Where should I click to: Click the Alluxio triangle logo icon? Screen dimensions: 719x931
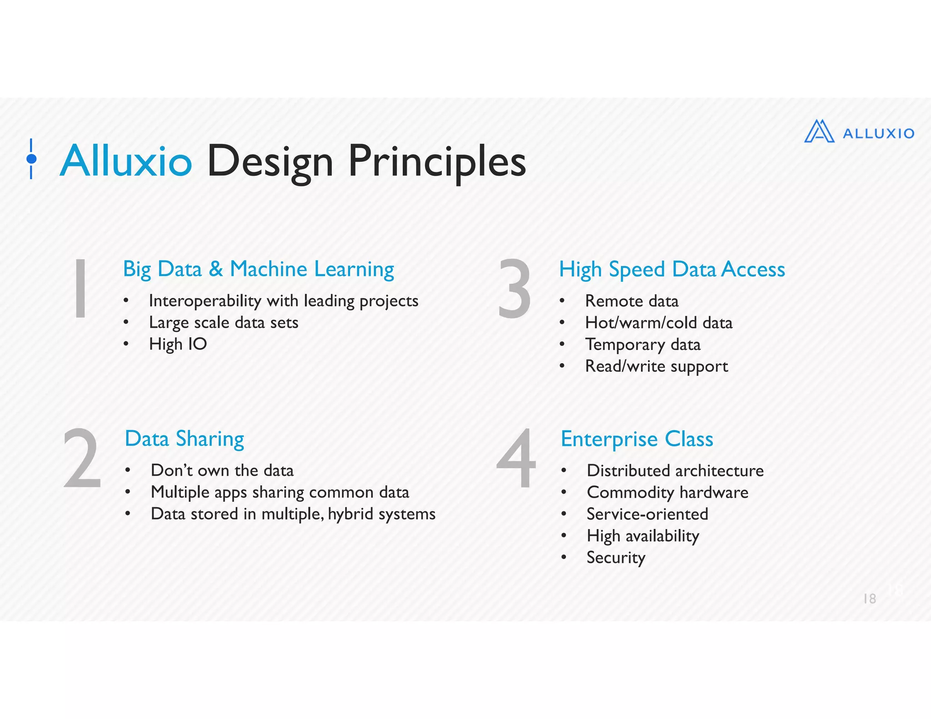coord(819,132)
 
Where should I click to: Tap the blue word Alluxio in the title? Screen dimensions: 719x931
coord(126,161)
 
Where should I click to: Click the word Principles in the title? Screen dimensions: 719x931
coord(437,162)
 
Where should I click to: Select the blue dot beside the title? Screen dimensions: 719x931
coord(31,159)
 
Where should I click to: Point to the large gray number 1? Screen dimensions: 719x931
coord(80,288)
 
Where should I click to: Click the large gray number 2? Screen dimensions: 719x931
coord(82,459)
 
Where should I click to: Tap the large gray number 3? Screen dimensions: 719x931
coord(514,288)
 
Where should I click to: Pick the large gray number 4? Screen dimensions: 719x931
coord(516,459)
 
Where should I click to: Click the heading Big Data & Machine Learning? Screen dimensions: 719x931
coord(258,269)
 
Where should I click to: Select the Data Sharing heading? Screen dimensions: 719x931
coord(184,439)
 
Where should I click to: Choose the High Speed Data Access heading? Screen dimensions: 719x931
coord(672,269)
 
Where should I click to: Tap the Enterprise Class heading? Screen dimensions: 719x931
coord(637,439)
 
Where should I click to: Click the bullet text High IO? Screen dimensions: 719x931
coord(178,344)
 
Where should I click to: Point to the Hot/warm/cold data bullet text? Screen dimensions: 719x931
coord(659,323)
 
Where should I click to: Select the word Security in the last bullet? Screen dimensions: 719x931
coord(616,558)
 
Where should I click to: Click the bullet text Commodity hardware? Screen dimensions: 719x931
coord(667,492)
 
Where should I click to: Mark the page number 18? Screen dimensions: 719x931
coord(869,599)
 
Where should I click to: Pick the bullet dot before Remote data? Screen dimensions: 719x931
coord(562,300)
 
